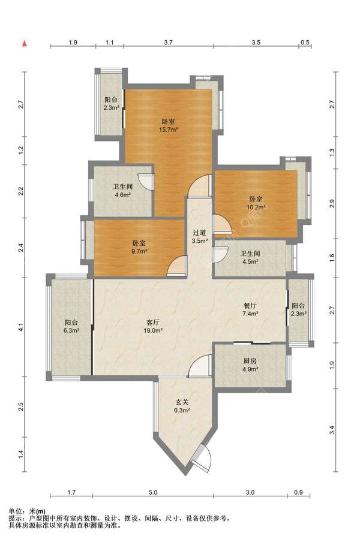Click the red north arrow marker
[x=25, y=44]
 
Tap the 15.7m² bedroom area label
[x=169, y=126]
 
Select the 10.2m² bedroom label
[x=256, y=203]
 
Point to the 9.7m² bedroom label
[x=139, y=247]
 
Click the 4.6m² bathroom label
[x=123, y=191]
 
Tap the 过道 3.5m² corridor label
[x=200, y=237]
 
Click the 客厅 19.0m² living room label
[x=153, y=327]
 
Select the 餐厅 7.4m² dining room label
[x=250, y=310]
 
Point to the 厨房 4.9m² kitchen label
[x=250, y=365]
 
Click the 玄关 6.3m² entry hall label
[x=182, y=406]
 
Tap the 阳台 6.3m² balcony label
[x=71, y=326]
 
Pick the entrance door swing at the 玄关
[x=204, y=457]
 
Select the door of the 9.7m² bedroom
[x=177, y=266]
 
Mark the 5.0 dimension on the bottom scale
[x=153, y=492]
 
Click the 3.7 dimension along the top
[x=169, y=43]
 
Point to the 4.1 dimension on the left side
[x=21, y=327]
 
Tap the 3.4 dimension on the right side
[x=332, y=430]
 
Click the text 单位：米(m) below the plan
[x=27, y=511]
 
